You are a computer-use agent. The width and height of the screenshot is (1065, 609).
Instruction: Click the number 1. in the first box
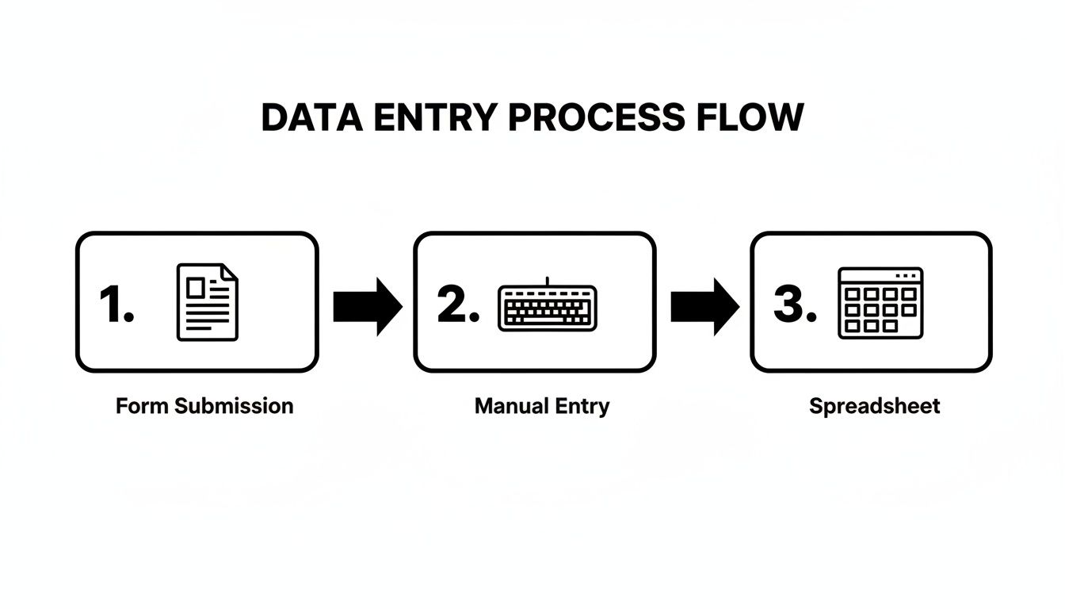click(116, 305)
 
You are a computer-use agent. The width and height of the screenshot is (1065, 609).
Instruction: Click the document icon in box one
click(207, 303)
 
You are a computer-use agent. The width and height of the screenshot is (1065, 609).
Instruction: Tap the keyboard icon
click(548, 308)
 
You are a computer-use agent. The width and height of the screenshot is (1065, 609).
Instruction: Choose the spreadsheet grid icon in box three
click(880, 303)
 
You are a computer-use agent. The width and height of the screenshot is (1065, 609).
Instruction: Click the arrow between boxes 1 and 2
click(367, 306)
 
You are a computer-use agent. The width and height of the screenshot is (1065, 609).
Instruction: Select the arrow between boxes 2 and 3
click(704, 306)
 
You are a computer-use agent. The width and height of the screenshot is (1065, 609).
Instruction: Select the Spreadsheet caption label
click(874, 407)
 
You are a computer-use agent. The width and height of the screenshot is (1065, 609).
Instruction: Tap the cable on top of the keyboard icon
click(548, 281)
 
